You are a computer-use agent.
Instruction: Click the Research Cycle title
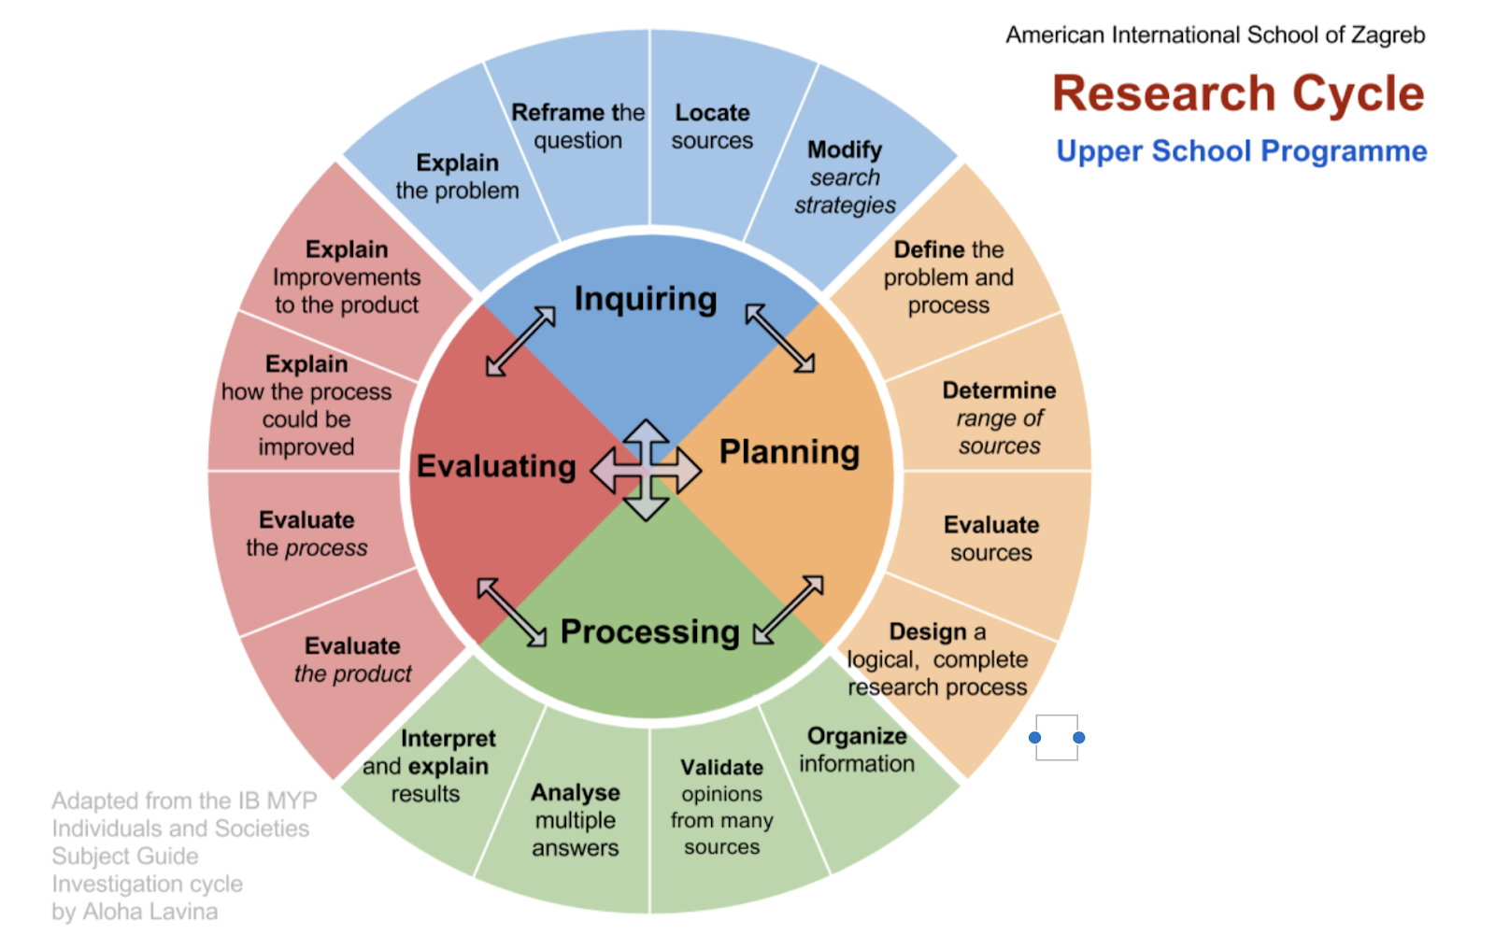(1238, 94)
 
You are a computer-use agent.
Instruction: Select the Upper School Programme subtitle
(1241, 151)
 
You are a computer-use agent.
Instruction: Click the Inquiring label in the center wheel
(646, 299)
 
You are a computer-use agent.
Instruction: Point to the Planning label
(790, 452)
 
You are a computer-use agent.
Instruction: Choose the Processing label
(649, 632)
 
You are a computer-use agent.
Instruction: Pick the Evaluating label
(496, 466)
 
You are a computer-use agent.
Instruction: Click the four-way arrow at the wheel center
(646, 470)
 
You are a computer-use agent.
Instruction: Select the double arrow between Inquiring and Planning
(780, 338)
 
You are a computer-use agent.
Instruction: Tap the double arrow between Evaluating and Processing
(511, 612)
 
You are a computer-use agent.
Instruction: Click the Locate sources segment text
(712, 127)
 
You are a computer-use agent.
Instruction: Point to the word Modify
(845, 150)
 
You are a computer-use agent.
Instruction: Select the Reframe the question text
(577, 127)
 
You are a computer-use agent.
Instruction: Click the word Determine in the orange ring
(999, 390)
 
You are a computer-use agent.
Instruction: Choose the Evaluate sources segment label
(990, 539)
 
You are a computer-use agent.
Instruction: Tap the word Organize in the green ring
(857, 736)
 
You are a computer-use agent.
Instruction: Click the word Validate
(721, 768)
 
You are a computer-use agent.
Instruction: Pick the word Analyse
(576, 793)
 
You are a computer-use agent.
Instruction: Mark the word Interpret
(448, 739)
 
